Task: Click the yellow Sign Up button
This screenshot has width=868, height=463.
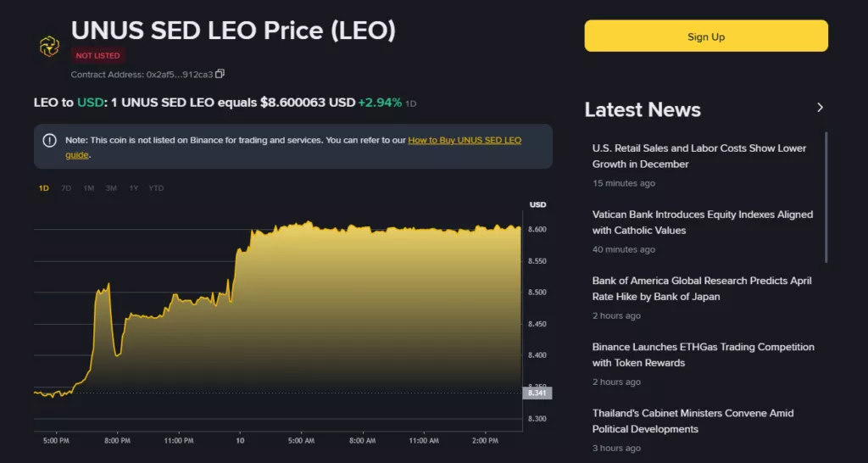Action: [706, 36]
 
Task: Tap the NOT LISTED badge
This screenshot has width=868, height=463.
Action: [98, 55]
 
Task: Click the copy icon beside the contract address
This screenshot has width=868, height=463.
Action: [220, 74]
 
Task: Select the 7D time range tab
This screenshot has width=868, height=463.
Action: [66, 188]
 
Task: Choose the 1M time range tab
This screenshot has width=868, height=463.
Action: [88, 188]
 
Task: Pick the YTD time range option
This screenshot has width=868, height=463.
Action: [156, 188]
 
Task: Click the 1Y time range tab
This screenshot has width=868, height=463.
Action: [133, 188]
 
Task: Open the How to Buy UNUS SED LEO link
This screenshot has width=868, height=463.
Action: [293, 148]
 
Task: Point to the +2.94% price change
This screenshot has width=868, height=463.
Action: [380, 103]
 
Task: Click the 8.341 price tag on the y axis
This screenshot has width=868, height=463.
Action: [537, 393]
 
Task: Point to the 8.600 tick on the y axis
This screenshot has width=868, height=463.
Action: [537, 229]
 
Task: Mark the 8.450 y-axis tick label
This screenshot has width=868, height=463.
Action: [537, 324]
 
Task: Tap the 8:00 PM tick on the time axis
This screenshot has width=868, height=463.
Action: [117, 441]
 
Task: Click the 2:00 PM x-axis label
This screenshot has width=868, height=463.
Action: [486, 441]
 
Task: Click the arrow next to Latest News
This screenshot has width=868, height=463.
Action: [821, 108]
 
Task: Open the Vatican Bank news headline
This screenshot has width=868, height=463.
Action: [703, 222]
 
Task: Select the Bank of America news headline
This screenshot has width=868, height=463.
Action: [702, 288]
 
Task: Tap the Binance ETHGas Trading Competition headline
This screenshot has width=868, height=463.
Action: [703, 355]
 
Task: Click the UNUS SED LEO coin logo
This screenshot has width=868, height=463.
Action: [49, 47]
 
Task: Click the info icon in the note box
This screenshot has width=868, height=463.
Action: [50, 141]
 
